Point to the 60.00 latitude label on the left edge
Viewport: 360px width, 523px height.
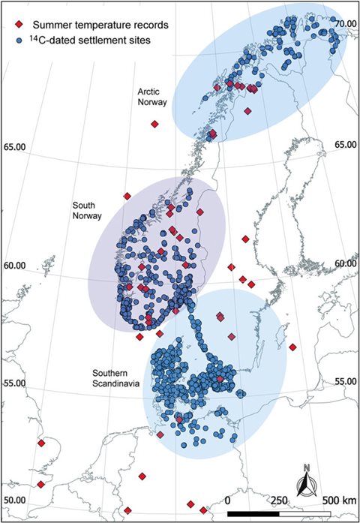pyautogui.click(x=16, y=265)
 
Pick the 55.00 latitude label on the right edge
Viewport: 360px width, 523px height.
pyautogui.click(x=346, y=381)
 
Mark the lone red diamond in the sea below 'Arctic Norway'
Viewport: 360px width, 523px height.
pyautogui.click(x=154, y=125)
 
